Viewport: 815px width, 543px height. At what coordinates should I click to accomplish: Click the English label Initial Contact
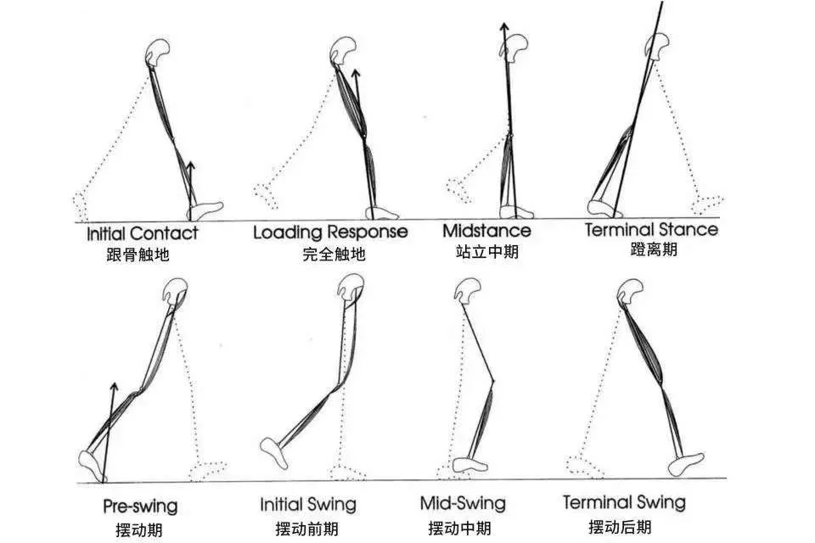[x=143, y=233]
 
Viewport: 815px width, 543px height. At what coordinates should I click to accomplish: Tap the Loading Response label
[x=330, y=232]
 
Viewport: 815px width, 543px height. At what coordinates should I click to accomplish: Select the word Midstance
[x=487, y=230]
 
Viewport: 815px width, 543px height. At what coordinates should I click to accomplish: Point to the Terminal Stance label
[x=651, y=229]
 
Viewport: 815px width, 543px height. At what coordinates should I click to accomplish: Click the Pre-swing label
[x=140, y=507]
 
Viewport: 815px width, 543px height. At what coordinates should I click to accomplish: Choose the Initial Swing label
[x=308, y=505]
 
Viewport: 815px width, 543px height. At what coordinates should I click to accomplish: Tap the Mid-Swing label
[x=463, y=503]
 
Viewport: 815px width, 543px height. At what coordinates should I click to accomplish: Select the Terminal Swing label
[x=624, y=502]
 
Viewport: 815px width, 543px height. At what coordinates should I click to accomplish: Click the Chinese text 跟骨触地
[x=138, y=255]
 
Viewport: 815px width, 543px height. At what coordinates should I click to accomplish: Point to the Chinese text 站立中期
[x=487, y=252]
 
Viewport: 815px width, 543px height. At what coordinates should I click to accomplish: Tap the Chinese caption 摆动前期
[x=306, y=529]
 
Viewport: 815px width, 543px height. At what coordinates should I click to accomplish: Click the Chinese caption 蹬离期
[x=654, y=249]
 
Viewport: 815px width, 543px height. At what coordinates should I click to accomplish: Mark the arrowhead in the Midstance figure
[x=503, y=27]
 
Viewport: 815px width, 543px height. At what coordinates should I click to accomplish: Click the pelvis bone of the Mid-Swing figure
[x=467, y=290]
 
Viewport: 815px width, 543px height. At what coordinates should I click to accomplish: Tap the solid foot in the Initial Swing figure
[x=273, y=452]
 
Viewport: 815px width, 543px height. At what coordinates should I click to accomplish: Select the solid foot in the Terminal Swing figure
[x=686, y=463]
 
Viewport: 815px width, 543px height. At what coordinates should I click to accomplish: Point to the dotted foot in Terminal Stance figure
[x=707, y=204]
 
